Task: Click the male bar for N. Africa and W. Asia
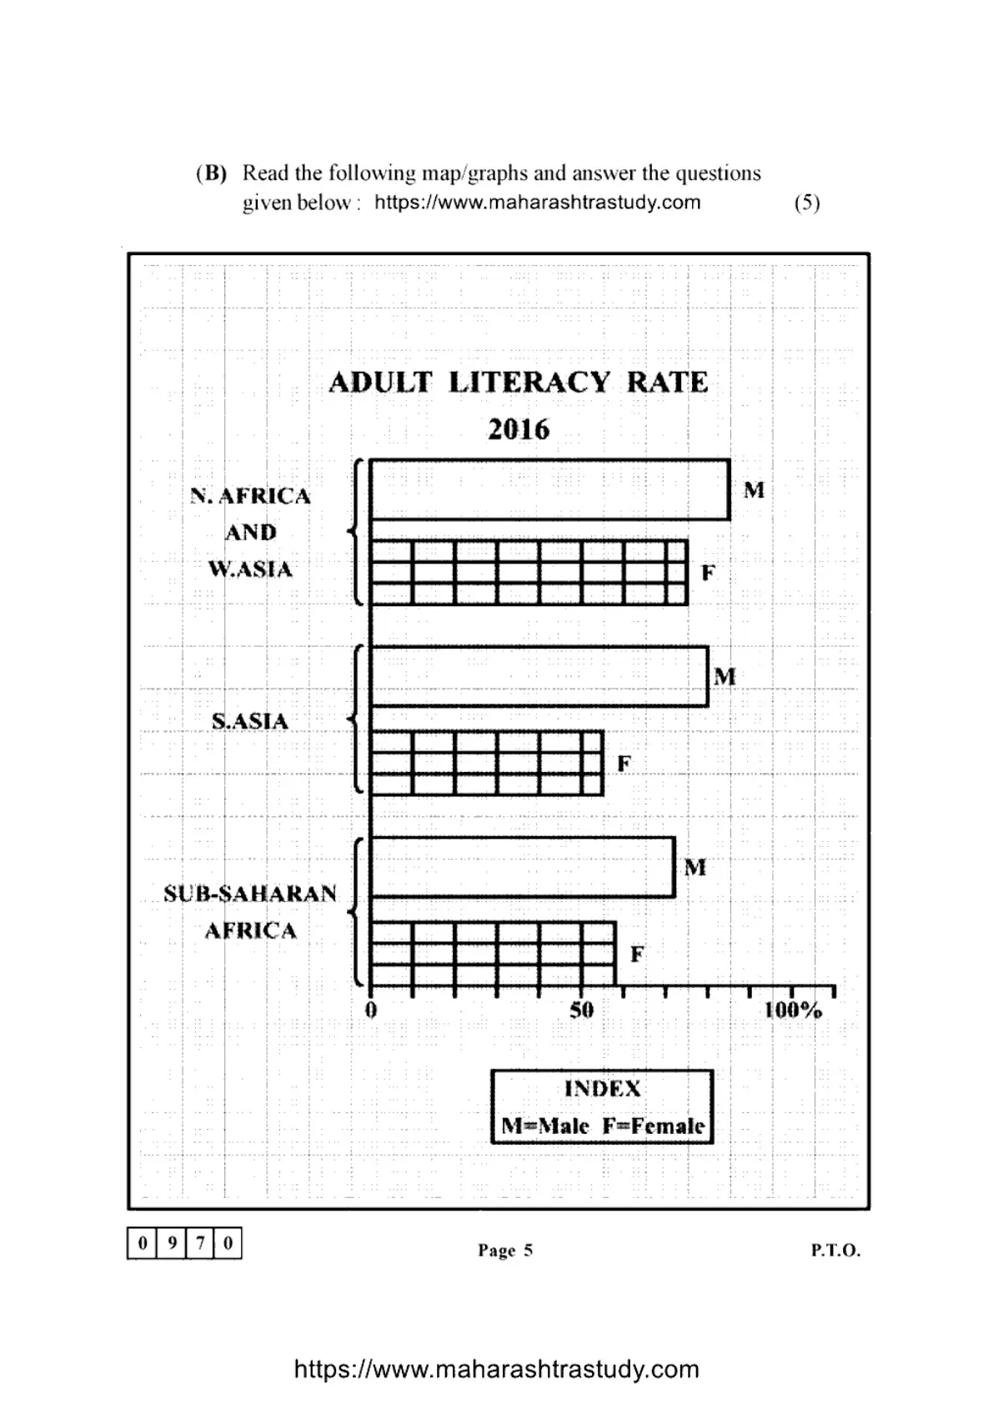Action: coord(549,489)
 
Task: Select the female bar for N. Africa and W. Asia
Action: coord(529,573)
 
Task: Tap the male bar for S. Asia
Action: coord(539,676)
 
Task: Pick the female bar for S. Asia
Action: coord(486,764)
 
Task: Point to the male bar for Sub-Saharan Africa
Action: coord(522,867)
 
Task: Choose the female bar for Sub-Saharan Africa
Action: coord(493,953)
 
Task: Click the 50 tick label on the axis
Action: coord(582,1010)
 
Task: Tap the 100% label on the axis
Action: coord(792,1010)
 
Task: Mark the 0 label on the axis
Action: coord(371,1010)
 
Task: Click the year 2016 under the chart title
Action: coord(519,430)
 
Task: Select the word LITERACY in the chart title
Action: coord(529,383)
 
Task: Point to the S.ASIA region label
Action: coord(249,721)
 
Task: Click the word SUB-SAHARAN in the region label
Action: coord(250,893)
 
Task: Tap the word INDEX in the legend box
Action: coord(603,1089)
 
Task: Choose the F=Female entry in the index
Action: coord(654,1126)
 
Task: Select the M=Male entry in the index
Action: coord(545,1126)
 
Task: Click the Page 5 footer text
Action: coord(505,1250)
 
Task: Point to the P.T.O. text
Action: coord(835,1250)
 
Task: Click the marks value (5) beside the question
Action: coord(807,203)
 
